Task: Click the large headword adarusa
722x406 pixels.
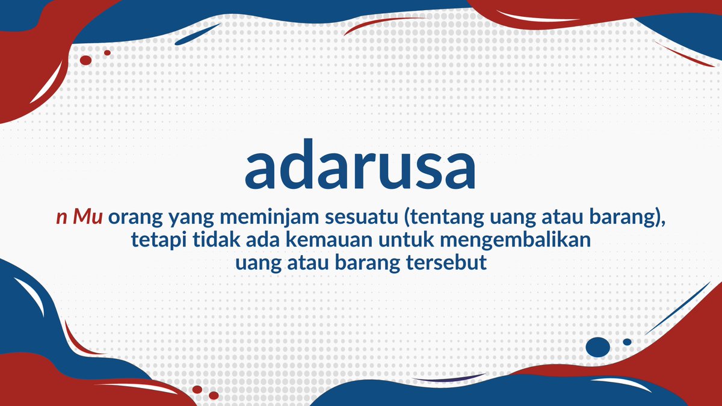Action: click(x=360, y=167)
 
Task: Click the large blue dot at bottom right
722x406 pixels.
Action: click(x=597, y=346)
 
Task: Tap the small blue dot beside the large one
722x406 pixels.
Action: click(x=627, y=342)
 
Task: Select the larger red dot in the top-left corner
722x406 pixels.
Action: click(x=85, y=60)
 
